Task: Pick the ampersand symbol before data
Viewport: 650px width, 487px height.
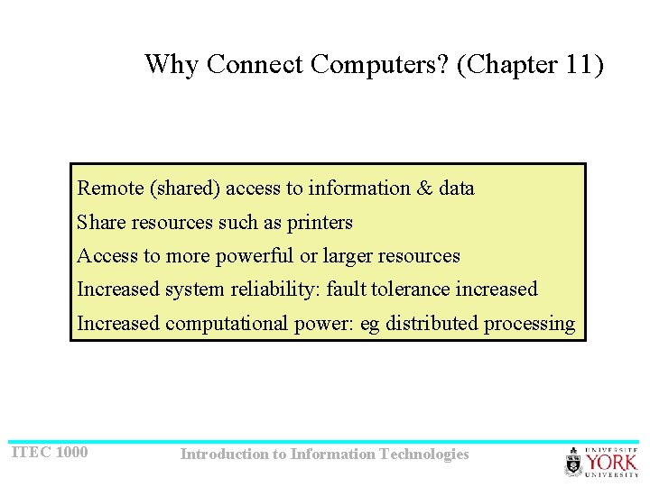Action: coord(424,188)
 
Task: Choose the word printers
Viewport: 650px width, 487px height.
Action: coord(320,222)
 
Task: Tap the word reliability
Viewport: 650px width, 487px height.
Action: coord(277,289)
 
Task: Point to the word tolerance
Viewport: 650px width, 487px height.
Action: coord(408,289)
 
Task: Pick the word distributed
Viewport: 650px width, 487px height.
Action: coord(432,324)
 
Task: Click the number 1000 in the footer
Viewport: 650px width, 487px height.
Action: coord(72,452)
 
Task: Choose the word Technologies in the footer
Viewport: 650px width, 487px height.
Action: coord(424,455)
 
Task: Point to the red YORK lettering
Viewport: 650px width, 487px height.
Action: coord(611,462)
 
